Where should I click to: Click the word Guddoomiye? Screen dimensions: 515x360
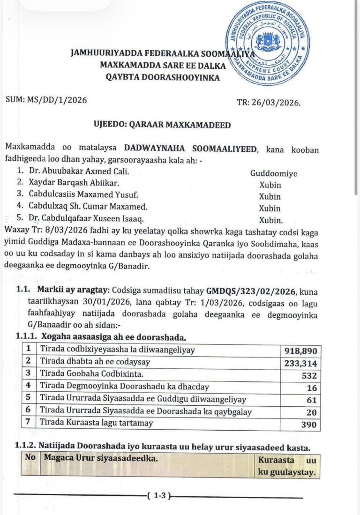(273, 173)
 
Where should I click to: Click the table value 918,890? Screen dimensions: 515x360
(301, 351)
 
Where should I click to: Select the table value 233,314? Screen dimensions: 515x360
(301, 364)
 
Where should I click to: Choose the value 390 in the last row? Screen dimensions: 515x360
(310, 425)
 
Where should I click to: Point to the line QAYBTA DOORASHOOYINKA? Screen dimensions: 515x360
(159, 77)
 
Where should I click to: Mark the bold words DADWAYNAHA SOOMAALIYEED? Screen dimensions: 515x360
(191, 149)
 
